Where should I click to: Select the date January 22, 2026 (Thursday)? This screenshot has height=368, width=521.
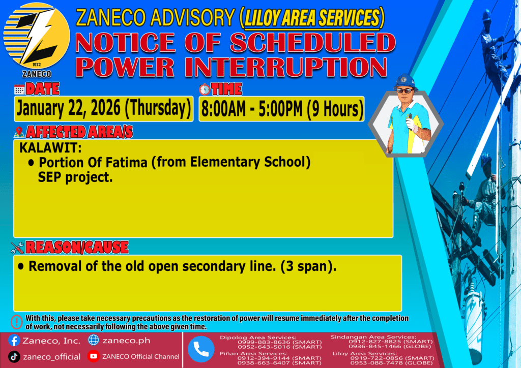[x=104, y=108]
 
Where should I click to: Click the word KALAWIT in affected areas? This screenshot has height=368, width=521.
[x=50, y=149]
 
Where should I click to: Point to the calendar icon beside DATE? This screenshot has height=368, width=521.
[x=19, y=90]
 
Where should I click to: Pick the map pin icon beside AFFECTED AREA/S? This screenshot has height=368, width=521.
[x=19, y=132]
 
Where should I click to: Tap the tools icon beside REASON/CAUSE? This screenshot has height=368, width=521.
[x=17, y=248]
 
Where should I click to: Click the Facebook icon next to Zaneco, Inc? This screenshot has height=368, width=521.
[x=14, y=341]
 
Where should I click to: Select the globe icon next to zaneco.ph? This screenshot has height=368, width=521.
[x=94, y=341]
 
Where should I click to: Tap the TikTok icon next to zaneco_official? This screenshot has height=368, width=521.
[x=14, y=356]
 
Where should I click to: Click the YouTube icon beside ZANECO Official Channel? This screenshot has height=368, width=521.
[x=93, y=356]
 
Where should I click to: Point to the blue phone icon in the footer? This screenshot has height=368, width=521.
[x=201, y=349]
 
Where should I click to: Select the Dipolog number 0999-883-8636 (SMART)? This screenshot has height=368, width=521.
[x=271, y=342]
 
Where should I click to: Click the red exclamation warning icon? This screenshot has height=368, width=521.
[x=17, y=322]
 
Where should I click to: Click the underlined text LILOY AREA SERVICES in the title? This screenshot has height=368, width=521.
[x=311, y=19]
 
